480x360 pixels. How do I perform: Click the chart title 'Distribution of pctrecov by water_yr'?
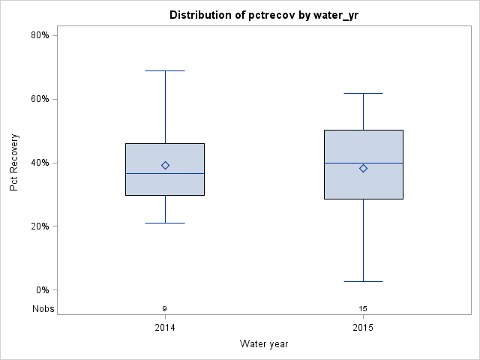(263, 15)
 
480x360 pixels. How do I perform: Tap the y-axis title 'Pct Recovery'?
(15, 162)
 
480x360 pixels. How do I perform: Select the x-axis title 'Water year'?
(263, 343)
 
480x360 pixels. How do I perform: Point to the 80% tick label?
(40, 35)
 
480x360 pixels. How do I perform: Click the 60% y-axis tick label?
(40, 99)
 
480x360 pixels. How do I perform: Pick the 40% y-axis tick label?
(40, 163)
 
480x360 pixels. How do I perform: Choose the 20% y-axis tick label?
(40, 226)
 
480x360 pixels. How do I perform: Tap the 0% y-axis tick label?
(42, 290)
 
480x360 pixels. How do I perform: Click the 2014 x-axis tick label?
(165, 328)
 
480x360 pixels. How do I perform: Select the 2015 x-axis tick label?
(363, 328)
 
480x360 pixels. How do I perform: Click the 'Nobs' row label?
(43, 308)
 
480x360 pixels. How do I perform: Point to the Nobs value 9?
(165, 308)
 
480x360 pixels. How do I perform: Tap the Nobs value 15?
(363, 308)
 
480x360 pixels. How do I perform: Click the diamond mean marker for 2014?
(165, 165)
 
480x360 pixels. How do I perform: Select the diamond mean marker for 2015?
(363, 168)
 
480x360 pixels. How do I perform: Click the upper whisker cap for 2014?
(165, 70)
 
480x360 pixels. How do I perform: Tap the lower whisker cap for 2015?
(363, 281)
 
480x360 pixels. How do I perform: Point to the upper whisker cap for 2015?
(363, 93)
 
